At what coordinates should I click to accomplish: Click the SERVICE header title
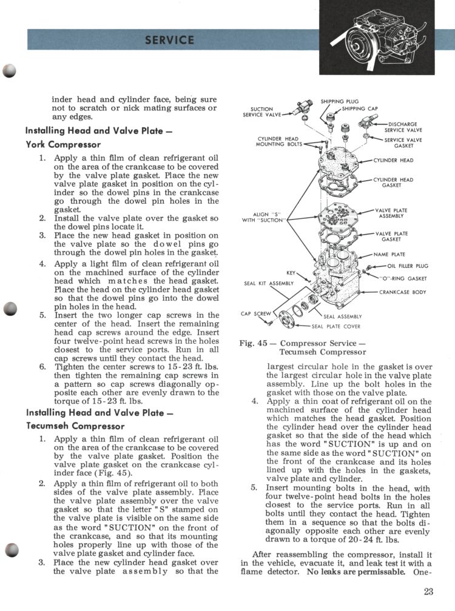[170, 41]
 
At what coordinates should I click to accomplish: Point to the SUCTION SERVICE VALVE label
[261, 112]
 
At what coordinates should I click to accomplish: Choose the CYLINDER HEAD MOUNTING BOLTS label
[277, 142]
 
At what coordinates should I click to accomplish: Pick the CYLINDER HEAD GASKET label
[393, 182]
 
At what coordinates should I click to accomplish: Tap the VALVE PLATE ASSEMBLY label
[392, 213]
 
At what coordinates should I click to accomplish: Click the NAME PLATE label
[389, 255]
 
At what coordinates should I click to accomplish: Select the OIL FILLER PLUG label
[408, 266]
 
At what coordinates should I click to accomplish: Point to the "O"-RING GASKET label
[403, 279]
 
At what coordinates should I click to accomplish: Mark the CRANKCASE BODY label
[403, 292]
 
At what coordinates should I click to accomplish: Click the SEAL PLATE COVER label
[335, 327]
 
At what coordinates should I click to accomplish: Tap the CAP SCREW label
[254, 314]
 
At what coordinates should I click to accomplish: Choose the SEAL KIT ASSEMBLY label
[268, 283]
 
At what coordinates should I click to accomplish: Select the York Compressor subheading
[63, 145]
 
